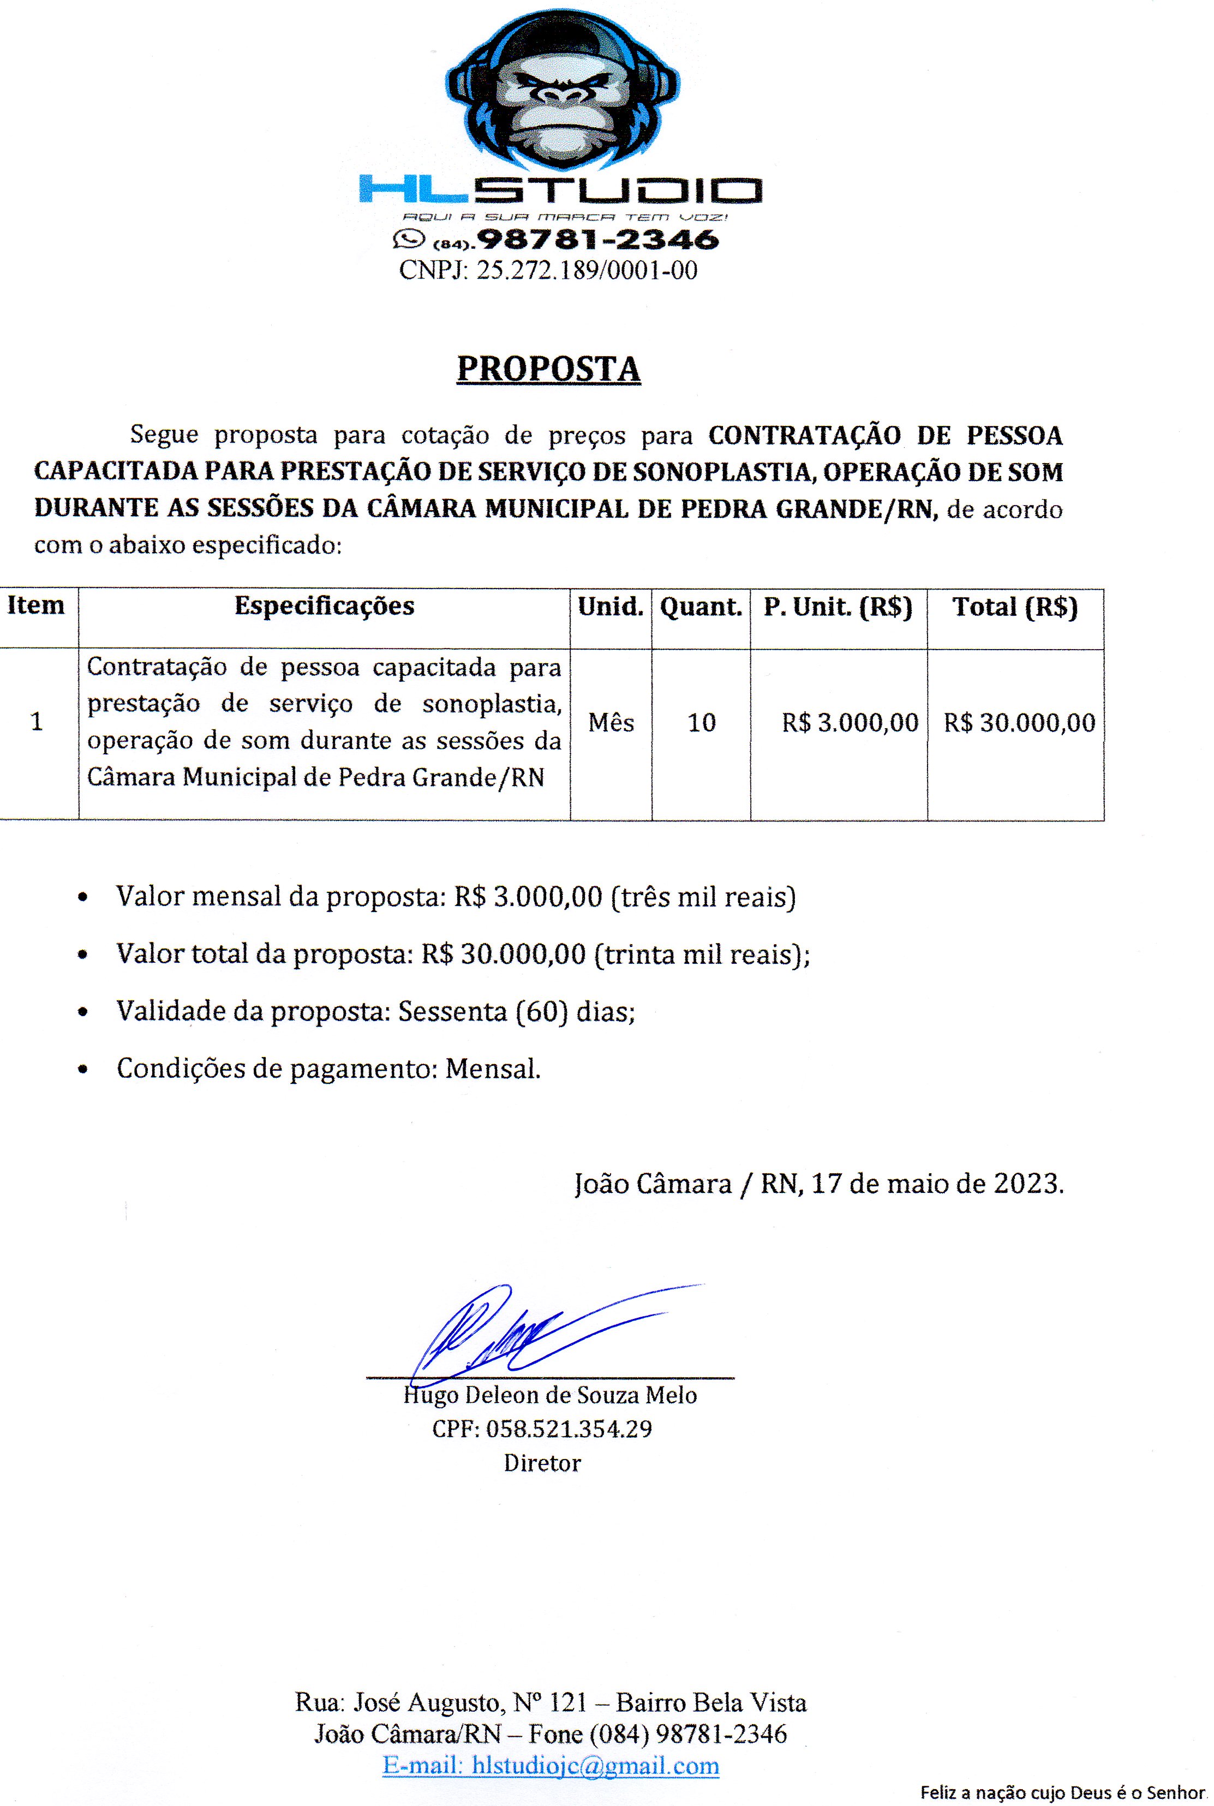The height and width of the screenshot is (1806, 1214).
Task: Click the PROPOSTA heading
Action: pyautogui.click(x=548, y=369)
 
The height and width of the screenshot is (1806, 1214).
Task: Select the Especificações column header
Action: pyautogui.click(x=325, y=606)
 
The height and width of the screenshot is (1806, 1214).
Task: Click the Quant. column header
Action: pyautogui.click(x=701, y=607)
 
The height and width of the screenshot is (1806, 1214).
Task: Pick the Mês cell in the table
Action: pyautogui.click(x=611, y=723)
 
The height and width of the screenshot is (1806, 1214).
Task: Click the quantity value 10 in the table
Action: pyautogui.click(x=702, y=723)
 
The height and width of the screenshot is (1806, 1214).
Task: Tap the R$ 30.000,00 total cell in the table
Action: pyautogui.click(x=1019, y=723)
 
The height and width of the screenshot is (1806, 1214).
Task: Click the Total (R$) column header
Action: pyautogui.click(x=1015, y=607)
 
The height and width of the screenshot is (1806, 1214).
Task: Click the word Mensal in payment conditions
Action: pyautogui.click(x=492, y=1069)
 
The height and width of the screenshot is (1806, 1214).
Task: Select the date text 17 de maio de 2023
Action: pyautogui.click(x=937, y=1183)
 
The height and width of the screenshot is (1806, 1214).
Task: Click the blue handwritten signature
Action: pyautogui.click(x=527, y=1331)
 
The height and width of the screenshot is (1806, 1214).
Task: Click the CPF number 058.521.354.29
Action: pyautogui.click(x=569, y=1429)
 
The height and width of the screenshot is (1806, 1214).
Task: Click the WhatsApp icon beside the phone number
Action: pyautogui.click(x=409, y=238)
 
